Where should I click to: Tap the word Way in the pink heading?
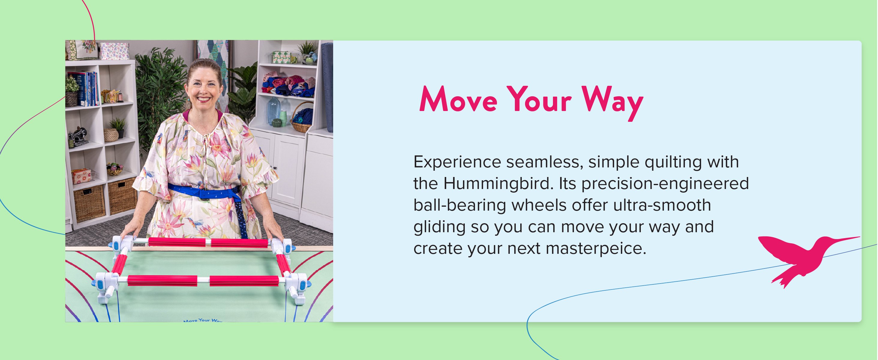tap(613, 103)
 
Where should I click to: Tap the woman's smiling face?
tap(204, 88)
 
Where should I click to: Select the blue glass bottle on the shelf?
tap(274, 111)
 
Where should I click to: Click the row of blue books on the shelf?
tap(85, 88)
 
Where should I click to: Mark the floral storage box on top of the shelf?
tap(114, 51)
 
